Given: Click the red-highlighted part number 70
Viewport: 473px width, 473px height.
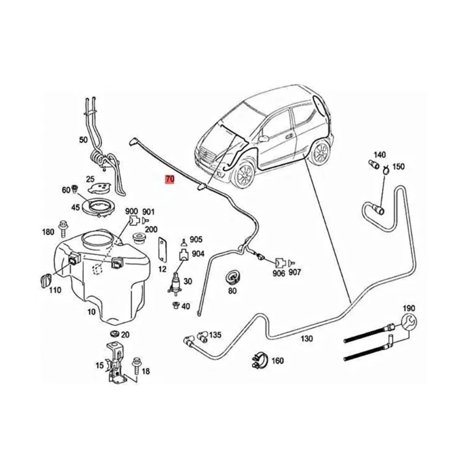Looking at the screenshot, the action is point(170,179).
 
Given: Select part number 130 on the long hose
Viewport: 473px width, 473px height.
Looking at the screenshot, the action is point(306,339).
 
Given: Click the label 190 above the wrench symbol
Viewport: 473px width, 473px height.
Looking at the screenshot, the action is point(409,309).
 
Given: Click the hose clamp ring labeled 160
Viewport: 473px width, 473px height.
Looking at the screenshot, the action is point(258,358).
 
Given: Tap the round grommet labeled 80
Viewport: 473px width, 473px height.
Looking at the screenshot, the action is point(232,277).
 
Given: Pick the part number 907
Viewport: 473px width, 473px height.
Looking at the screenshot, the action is point(294,273).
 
